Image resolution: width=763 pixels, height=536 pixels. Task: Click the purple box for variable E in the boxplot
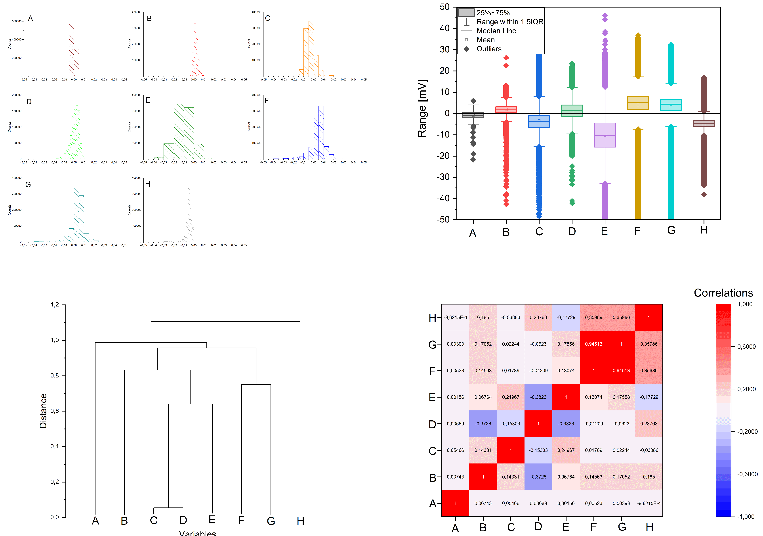(605, 135)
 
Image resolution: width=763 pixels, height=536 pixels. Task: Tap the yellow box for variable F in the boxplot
(637, 103)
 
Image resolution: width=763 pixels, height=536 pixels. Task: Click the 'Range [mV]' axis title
(422, 108)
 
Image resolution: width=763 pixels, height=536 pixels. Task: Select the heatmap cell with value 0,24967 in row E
(510, 397)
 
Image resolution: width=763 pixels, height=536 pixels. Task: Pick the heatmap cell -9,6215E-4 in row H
(455, 317)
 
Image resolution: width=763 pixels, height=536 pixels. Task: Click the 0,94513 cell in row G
(593, 344)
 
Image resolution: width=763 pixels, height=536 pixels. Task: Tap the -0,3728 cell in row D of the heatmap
(483, 424)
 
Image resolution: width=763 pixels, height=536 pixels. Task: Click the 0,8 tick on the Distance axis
(55, 375)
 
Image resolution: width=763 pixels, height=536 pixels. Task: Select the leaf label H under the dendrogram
(300, 521)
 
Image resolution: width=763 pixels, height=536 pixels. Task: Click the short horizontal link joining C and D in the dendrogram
(168, 508)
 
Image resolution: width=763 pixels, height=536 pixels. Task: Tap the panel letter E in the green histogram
(148, 100)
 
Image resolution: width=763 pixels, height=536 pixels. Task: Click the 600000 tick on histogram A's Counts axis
(17, 21)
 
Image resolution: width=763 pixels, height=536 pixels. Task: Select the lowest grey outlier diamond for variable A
(473, 160)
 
